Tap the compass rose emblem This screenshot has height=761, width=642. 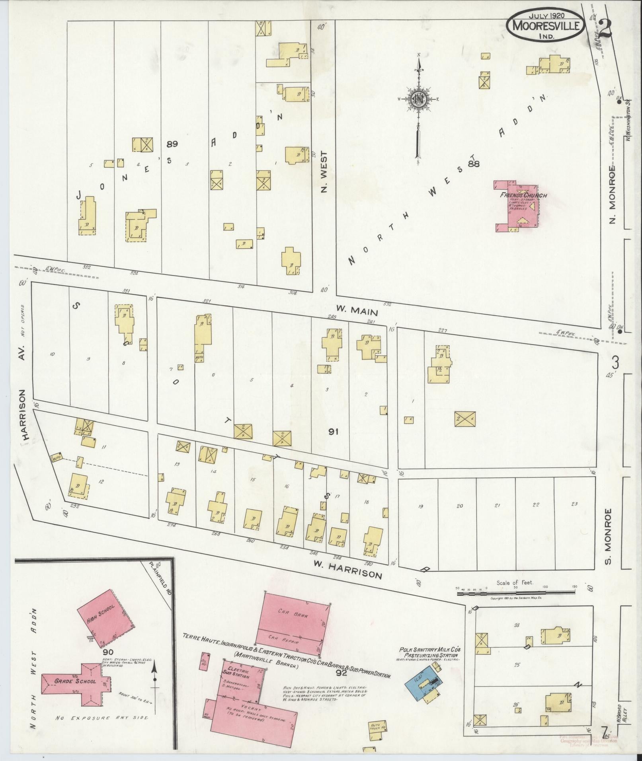point(419,98)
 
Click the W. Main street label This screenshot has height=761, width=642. point(356,310)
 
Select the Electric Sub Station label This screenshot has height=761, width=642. point(239,671)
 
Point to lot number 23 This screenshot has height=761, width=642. point(574,504)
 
